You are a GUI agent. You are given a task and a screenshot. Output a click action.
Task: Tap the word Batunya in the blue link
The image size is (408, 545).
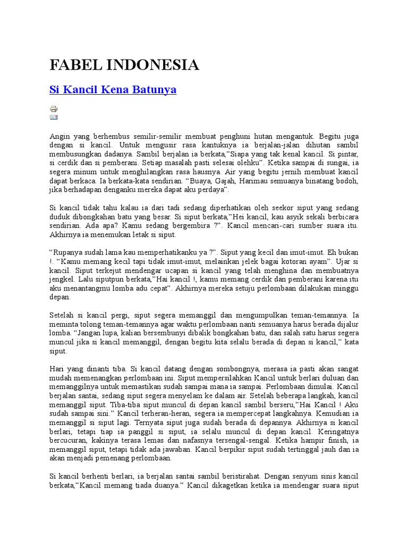pyautogui.click(x=154, y=90)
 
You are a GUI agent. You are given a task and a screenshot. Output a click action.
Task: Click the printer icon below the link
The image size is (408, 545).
pyautogui.click(x=54, y=109)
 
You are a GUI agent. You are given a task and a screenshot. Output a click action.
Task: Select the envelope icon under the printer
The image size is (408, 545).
pyautogui.click(x=54, y=117)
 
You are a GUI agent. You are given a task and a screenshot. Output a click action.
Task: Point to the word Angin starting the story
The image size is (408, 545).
pyautogui.click(x=59, y=136)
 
